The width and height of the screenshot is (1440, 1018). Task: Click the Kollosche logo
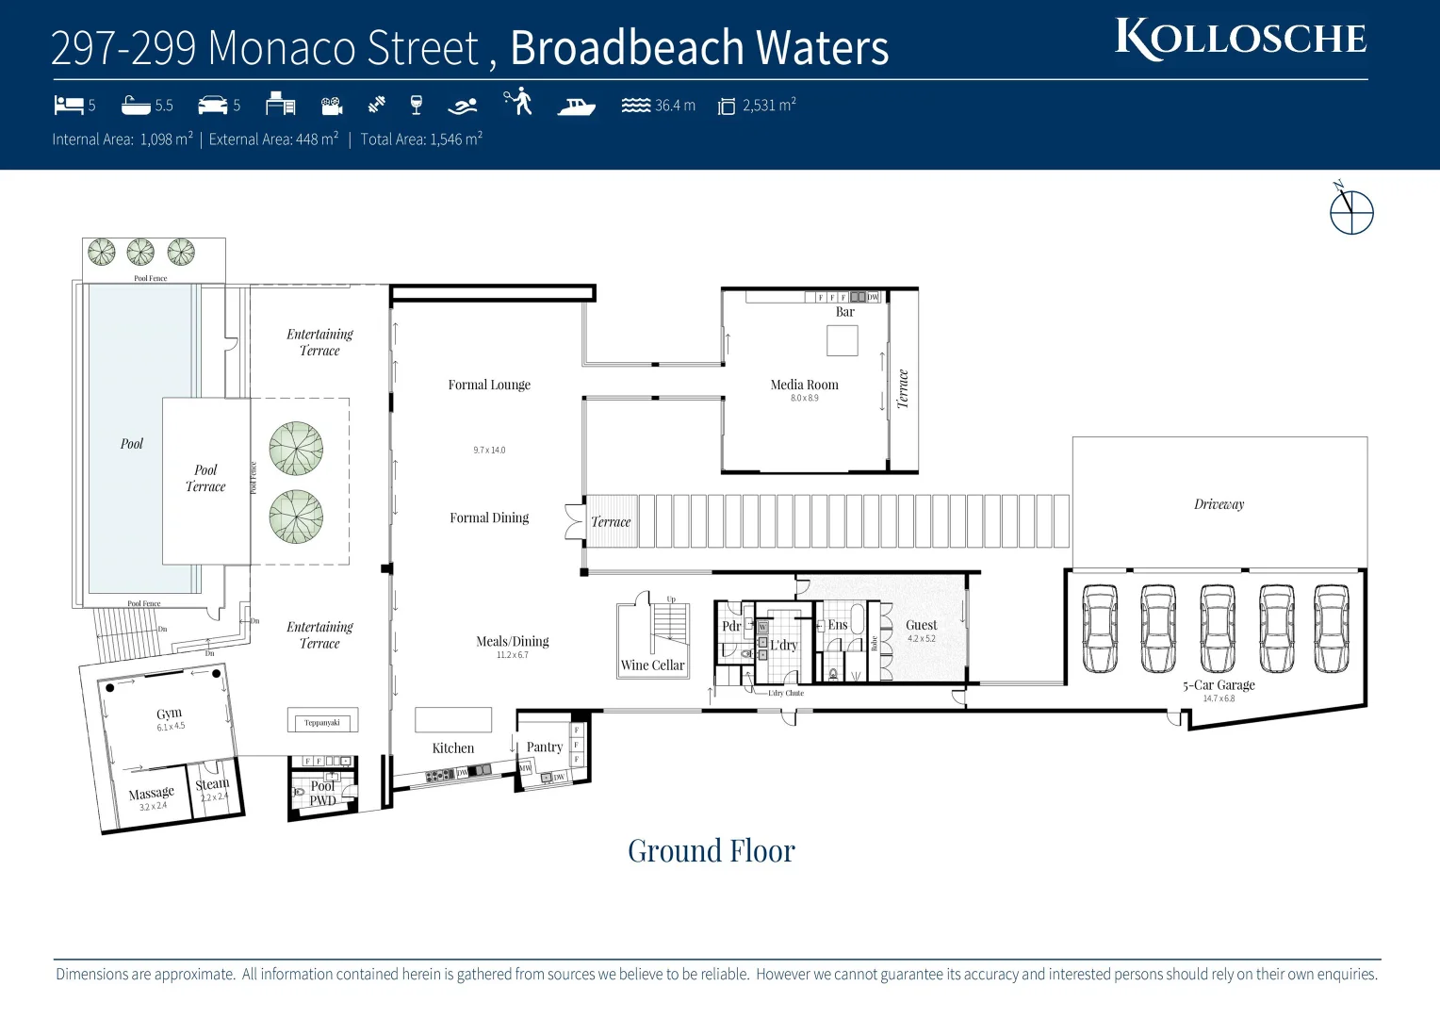click(x=1240, y=39)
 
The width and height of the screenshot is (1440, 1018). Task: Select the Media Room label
click(x=804, y=385)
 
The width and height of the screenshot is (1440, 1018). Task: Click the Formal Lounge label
click(x=489, y=385)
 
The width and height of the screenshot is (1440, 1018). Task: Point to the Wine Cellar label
click(x=652, y=665)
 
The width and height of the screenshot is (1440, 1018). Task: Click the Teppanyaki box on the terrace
click(x=322, y=723)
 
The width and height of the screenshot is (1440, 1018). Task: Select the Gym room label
click(x=170, y=714)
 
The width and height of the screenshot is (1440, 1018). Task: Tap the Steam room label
click(x=212, y=784)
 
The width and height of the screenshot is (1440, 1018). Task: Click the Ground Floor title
click(x=712, y=851)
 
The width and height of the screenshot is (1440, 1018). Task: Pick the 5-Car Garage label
click(x=1219, y=685)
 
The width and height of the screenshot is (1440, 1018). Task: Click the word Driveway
click(x=1219, y=504)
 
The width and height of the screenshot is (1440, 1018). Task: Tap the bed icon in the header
click(x=69, y=105)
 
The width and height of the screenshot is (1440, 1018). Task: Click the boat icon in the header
click(x=576, y=106)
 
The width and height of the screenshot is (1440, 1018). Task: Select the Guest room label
click(x=921, y=625)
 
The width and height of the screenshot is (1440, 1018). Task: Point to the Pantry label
click(x=545, y=747)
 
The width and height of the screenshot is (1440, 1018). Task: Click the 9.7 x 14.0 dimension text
click(x=489, y=451)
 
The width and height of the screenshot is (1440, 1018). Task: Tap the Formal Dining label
click(x=489, y=517)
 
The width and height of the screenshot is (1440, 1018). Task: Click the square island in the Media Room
click(x=842, y=340)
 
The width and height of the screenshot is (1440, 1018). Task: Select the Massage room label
click(x=151, y=794)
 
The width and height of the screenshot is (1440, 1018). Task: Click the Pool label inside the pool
click(x=132, y=444)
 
